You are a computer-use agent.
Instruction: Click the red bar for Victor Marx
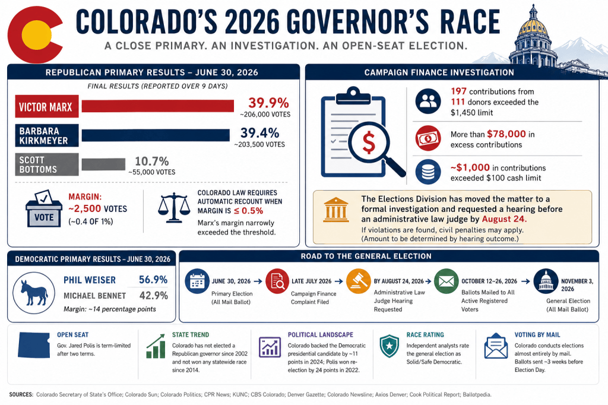point(157,106)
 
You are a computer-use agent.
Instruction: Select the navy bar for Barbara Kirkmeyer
point(156,135)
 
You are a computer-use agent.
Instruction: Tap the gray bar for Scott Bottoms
point(103,164)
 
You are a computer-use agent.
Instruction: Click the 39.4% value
point(260,132)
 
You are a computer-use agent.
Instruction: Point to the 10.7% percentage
point(151,161)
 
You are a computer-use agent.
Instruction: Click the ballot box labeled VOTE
point(44,208)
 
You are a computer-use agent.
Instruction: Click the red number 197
point(458,91)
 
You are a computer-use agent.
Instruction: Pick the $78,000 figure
point(506,134)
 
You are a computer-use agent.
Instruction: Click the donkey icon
point(34,293)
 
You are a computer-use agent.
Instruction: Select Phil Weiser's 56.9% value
point(153,280)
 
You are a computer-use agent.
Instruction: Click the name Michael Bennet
point(94,296)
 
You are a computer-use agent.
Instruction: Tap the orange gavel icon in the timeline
point(358,281)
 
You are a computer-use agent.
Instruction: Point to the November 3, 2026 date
point(577,285)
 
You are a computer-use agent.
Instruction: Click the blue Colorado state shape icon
point(34,345)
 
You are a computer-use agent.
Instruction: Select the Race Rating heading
point(425,335)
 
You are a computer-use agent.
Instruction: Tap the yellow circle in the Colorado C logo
point(36,35)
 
